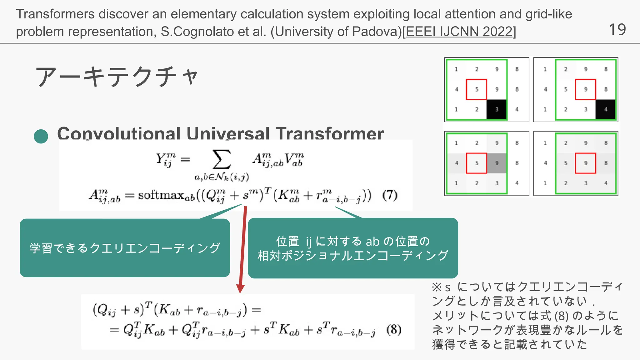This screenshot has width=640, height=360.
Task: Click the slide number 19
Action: pyautogui.click(x=617, y=30)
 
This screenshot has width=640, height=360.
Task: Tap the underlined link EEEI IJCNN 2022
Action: pyautogui.click(x=459, y=32)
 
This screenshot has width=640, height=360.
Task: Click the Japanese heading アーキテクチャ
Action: pyautogui.click(x=117, y=77)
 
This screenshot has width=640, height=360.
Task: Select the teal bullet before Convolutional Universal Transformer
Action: pyautogui.click(x=41, y=137)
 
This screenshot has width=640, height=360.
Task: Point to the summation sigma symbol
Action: pyautogui.click(x=221, y=160)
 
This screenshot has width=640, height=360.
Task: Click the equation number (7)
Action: pyautogui.click(x=390, y=196)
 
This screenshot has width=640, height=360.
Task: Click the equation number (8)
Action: pyautogui.click(x=394, y=330)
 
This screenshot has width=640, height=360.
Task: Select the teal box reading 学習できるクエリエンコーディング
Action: pyautogui.click(x=125, y=248)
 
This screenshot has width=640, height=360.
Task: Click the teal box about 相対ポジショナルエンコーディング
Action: pyautogui.click(x=353, y=248)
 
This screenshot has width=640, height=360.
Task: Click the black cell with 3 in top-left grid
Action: pyautogui.click(x=497, y=109)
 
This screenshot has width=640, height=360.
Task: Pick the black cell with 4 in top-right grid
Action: pyautogui.click(x=606, y=109)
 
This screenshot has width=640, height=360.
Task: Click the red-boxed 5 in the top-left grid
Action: pyautogui.click(x=477, y=89)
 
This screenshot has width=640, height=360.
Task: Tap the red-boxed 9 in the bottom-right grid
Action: pyautogui.click(x=586, y=163)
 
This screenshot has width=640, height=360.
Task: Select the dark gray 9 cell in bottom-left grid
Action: pyautogui.click(x=497, y=163)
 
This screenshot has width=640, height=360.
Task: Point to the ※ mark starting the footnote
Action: pyautogui.click(x=436, y=287)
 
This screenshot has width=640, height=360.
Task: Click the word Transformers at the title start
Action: pyautogui.click(x=55, y=14)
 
